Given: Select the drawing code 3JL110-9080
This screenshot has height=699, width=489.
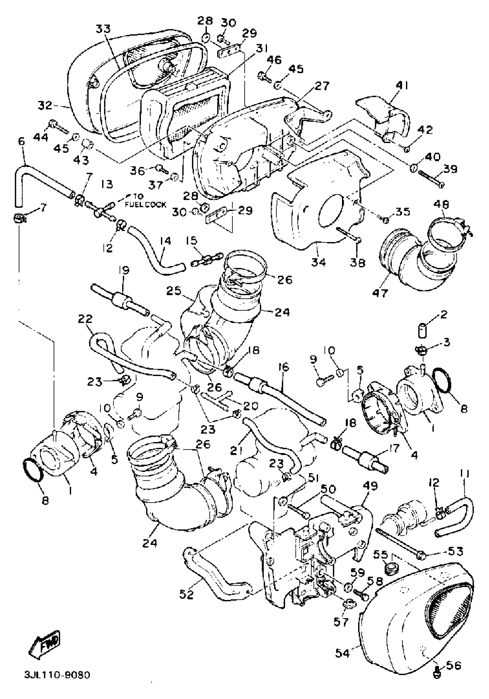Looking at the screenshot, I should tap(57, 675).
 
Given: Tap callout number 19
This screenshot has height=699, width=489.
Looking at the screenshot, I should tap(124, 270).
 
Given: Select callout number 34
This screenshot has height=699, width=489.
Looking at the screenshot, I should tap(318, 261).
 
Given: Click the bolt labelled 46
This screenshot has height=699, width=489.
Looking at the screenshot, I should tap(265, 76).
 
